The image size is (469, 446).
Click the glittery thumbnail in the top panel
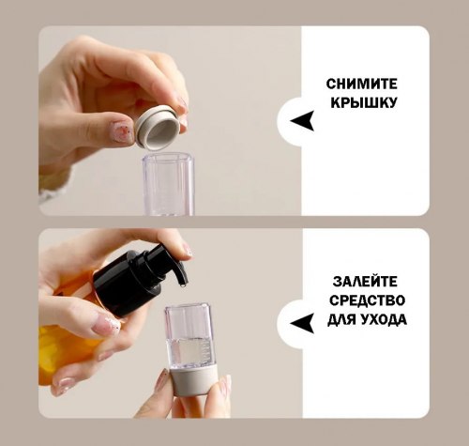(122, 131)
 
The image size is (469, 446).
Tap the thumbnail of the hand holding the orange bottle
(105, 325)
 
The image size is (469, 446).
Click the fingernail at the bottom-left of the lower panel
(65, 385)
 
